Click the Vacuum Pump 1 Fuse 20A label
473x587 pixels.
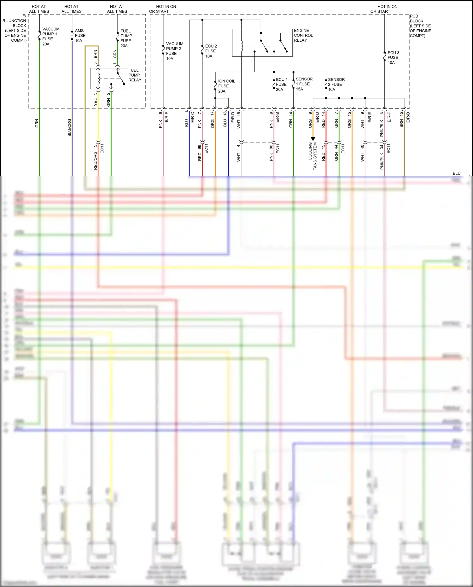[x=50, y=36]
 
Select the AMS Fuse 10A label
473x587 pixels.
[x=80, y=36]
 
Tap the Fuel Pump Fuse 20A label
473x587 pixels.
[x=126, y=38]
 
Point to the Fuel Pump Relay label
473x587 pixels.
[x=135, y=75]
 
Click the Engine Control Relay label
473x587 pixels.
[x=303, y=35]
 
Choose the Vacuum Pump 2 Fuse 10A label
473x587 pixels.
[x=174, y=51]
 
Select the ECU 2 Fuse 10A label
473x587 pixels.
[x=211, y=51]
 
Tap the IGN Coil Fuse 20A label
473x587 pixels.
[x=226, y=86]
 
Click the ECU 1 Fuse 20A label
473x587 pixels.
[x=281, y=85]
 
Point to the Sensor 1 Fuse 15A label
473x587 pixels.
[x=304, y=84]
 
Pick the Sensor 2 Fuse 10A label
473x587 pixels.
[x=336, y=85]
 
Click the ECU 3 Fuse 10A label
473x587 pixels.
[x=393, y=58]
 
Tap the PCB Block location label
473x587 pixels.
[x=420, y=26]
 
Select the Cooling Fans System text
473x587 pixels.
[x=312, y=156]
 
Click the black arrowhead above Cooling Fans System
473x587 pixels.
[x=313, y=139]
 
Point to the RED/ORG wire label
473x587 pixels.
[x=96, y=161]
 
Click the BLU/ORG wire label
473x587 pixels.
[x=69, y=128]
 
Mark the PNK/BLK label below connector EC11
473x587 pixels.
[x=382, y=161]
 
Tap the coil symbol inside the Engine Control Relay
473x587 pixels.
[x=242, y=46]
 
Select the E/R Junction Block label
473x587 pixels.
[x=15, y=28]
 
